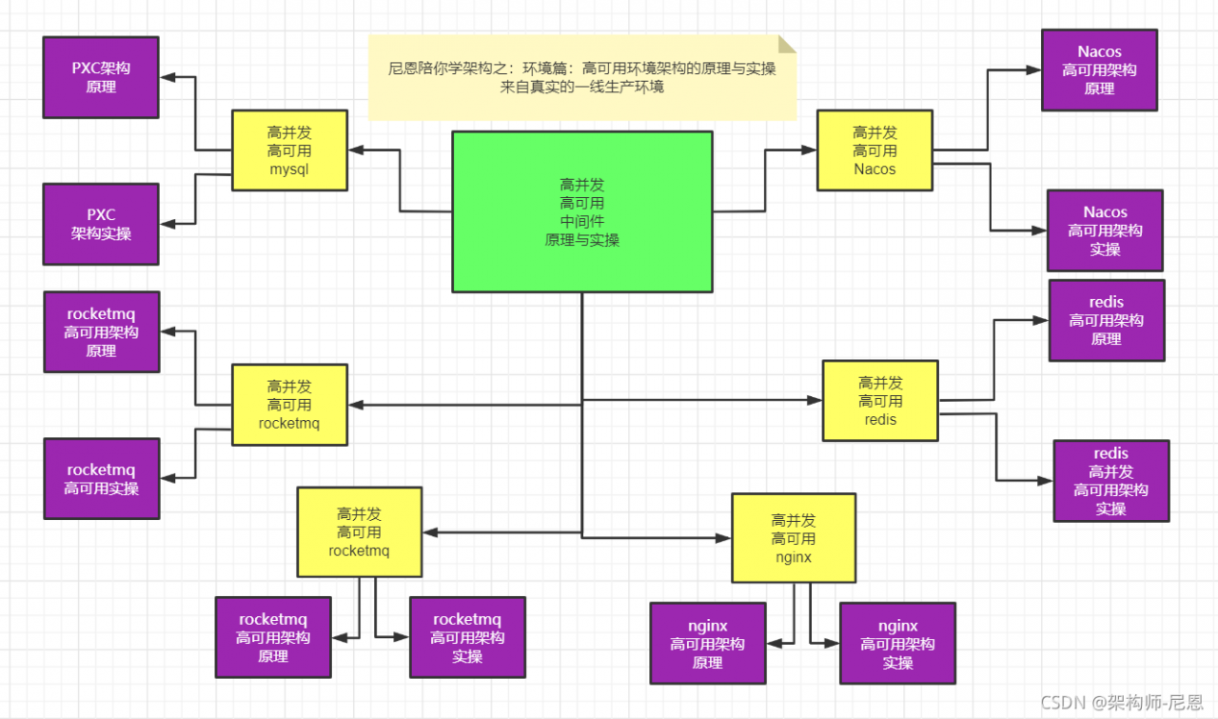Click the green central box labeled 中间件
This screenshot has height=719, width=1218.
pos(581,211)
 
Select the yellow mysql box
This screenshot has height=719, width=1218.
pos(289,150)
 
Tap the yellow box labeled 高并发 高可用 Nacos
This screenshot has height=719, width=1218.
pos(874,150)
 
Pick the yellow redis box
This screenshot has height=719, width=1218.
pos(880,401)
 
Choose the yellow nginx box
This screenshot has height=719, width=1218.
pos(793,538)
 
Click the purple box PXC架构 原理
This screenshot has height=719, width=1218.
pos(101,77)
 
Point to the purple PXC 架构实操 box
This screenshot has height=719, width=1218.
pos(101,224)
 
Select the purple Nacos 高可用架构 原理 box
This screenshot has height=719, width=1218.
pos(1099,70)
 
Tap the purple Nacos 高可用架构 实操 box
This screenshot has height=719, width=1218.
pos(1105,230)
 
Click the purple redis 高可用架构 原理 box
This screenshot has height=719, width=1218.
pos(1107,320)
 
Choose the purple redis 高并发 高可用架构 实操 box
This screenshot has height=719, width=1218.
pos(1110,481)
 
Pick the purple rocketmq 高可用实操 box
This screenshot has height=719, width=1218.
pos(101,478)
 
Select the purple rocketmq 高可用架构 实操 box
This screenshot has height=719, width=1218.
pos(467,637)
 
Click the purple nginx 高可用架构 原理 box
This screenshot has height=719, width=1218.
pos(708,644)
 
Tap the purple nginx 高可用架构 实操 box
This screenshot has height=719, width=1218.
pos(897,644)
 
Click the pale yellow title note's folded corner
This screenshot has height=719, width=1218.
pos(787,44)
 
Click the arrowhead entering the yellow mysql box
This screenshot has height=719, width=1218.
pos(355,150)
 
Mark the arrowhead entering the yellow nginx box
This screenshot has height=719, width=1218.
pos(724,538)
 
